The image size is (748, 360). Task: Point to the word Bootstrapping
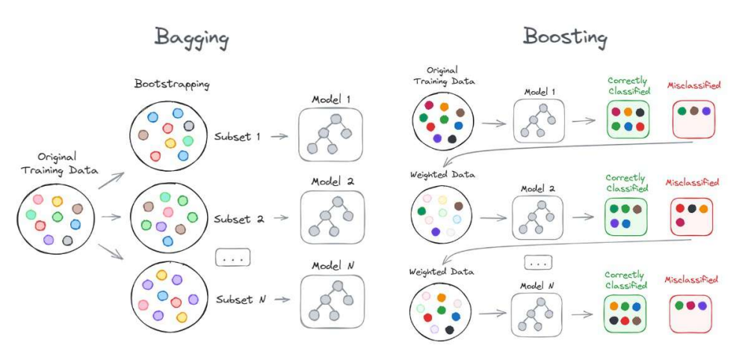click(x=172, y=84)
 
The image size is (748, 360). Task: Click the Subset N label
click(x=240, y=299)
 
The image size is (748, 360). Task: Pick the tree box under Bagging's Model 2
click(x=332, y=217)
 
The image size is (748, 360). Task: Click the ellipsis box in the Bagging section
click(x=232, y=257)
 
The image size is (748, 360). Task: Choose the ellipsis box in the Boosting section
click(x=537, y=262)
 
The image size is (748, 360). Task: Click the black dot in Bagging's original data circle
click(x=68, y=240)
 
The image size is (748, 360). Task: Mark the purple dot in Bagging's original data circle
click(x=49, y=240)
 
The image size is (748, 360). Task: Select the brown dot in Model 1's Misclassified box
click(x=693, y=111)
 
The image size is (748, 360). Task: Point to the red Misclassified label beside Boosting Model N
click(x=692, y=280)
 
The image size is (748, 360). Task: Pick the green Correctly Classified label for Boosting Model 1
click(x=627, y=86)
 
